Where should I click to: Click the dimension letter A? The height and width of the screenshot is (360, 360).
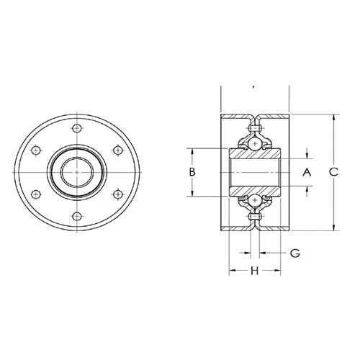point(306,173)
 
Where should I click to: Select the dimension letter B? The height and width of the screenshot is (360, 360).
point(192,172)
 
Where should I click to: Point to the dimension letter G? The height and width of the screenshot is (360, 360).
point(294,253)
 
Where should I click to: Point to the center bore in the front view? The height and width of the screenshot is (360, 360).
point(77,173)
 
